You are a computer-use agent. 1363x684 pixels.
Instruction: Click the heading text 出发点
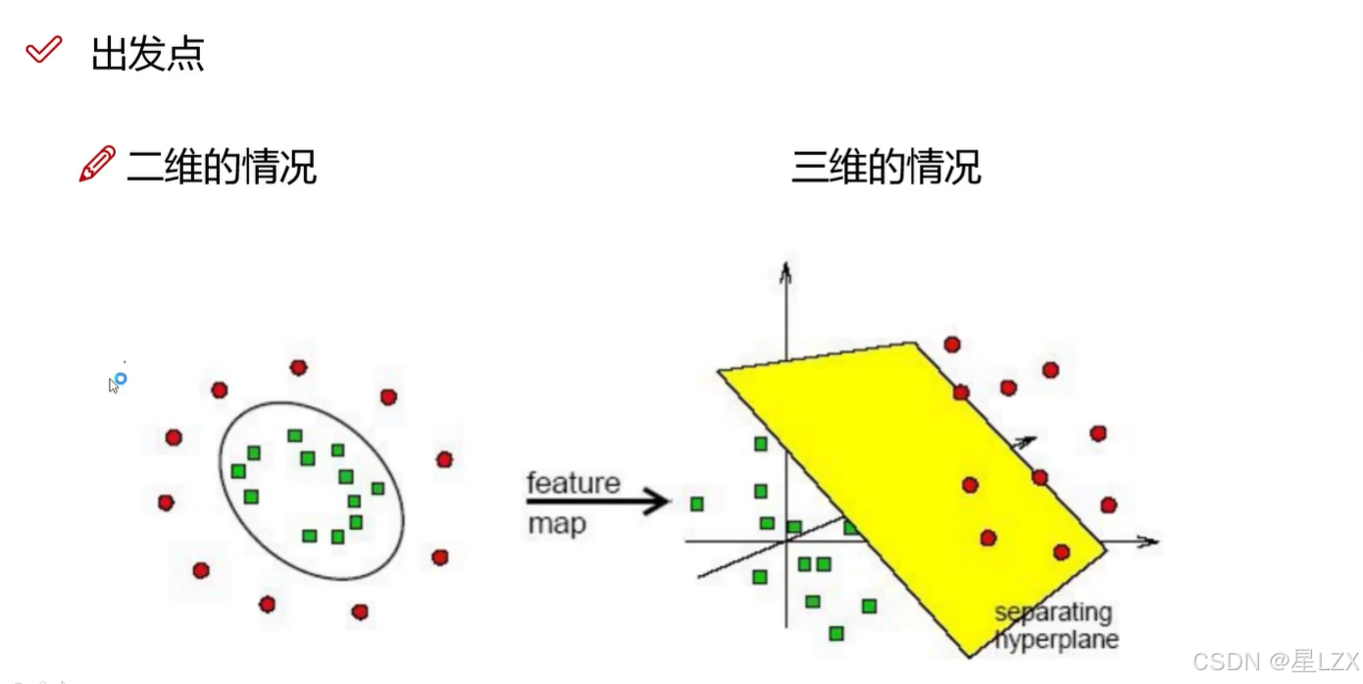click(x=147, y=54)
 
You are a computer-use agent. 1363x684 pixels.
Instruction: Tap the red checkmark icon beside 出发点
click(x=44, y=49)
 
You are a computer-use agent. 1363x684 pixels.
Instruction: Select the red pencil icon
click(x=96, y=165)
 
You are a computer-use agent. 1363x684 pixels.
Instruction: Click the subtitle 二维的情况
click(x=222, y=168)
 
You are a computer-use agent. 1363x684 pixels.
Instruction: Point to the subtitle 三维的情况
click(x=885, y=168)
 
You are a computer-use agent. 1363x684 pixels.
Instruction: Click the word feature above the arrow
click(x=574, y=483)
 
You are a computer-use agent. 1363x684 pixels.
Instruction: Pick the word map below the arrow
click(x=556, y=525)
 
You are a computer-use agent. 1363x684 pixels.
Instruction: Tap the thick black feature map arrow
click(x=598, y=503)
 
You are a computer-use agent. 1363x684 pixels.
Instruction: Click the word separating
click(x=1053, y=613)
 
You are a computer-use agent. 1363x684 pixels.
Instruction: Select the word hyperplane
click(x=1057, y=640)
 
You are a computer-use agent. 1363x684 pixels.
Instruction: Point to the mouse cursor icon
click(x=116, y=383)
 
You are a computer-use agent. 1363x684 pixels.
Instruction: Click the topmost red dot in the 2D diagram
click(x=298, y=367)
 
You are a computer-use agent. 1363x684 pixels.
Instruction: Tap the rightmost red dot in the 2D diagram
click(x=444, y=459)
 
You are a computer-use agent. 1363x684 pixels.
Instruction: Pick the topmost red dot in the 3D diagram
click(x=951, y=344)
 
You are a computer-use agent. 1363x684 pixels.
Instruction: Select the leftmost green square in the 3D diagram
click(x=696, y=503)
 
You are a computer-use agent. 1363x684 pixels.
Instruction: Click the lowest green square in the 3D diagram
click(x=835, y=634)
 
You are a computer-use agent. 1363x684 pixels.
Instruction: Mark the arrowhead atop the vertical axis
click(x=784, y=269)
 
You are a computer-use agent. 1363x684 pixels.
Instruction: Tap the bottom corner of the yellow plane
click(x=970, y=656)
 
